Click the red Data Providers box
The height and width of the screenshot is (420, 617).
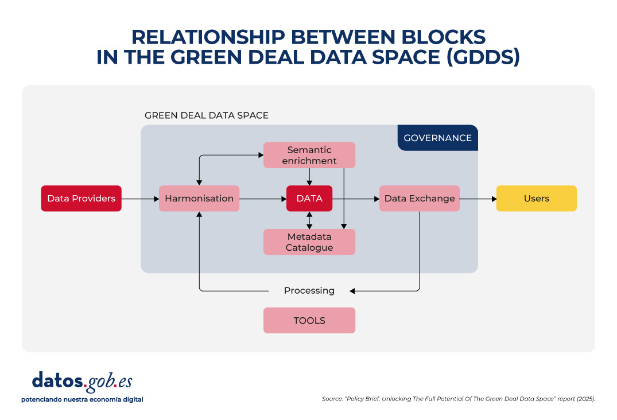(x=81, y=199)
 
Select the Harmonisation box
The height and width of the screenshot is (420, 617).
(x=199, y=199)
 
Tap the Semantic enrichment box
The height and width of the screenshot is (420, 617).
(x=309, y=155)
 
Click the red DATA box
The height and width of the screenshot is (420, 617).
(x=309, y=199)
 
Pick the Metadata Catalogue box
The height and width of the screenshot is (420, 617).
(x=309, y=242)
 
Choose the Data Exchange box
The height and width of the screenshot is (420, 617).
(x=420, y=199)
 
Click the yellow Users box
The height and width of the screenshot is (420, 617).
(x=536, y=199)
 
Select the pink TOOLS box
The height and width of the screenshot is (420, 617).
(x=309, y=321)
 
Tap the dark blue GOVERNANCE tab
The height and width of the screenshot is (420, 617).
(x=437, y=138)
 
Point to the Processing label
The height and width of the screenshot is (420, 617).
(x=309, y=291)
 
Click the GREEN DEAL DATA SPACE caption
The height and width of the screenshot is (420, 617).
(x=207, y=115)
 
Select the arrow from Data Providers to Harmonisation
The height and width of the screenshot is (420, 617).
(x=140, y=199)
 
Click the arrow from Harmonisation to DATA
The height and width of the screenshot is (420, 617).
(x=263, y=199)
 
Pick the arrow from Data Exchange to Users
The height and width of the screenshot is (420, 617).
(x=478, y=199)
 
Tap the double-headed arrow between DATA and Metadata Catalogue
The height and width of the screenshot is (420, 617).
(x=310, y=220)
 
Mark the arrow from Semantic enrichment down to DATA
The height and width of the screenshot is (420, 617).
(x=310, y=176)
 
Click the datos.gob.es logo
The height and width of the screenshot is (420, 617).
(x=82, y=381)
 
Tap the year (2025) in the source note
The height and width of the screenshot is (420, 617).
(x=583, y=398)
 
